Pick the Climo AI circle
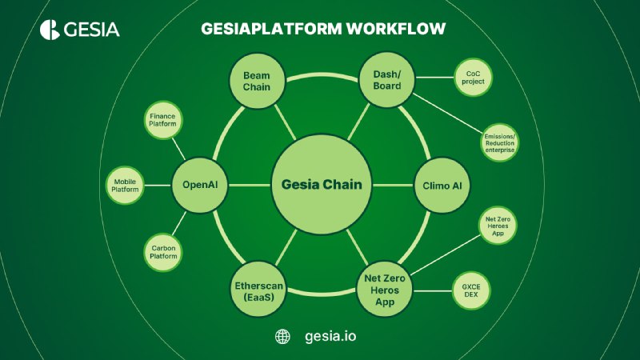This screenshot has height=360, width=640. pyautogui.click(x=442, y=185)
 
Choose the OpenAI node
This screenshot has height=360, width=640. pyautogui.click(x=200, y=185)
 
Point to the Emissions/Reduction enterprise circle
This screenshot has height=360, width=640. pyautogui.click(x=500, y=142)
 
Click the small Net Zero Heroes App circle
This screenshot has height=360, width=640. pyautogui.click(x=500, y=226)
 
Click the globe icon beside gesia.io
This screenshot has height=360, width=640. pyautogui.click(x=282, y=337)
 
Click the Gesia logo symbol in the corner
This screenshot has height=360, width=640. pyautogui.click(x=50, y=30)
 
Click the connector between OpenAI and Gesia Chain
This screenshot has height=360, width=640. pyautogui.click(x=250, y=185)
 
